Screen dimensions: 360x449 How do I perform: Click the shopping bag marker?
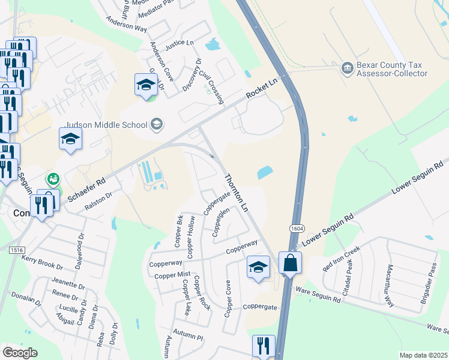(290, 263)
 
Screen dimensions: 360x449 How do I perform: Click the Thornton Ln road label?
(236, 193)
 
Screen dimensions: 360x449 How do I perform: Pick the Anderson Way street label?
(127, 23)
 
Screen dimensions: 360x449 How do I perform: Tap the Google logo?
(20, 352)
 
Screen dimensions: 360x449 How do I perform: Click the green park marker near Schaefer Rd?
(53, 179)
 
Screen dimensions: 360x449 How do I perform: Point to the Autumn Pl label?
(188, 334)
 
